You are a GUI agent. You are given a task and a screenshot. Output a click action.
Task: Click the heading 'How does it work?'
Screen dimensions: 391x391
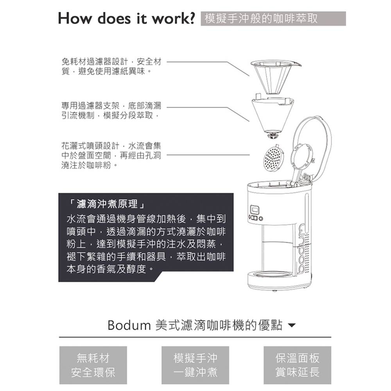click(x=126, y=18)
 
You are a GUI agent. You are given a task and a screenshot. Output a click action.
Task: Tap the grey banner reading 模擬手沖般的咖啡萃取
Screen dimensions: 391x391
click(x=273, y=19)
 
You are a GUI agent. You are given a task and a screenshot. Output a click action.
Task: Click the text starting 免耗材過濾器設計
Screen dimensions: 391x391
click(x=111, y=67)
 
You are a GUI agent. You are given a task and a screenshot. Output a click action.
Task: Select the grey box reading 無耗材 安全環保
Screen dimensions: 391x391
click(x=93, y=365)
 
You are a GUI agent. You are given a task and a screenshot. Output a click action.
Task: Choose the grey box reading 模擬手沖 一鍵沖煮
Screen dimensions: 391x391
click(x=195, y=365)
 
